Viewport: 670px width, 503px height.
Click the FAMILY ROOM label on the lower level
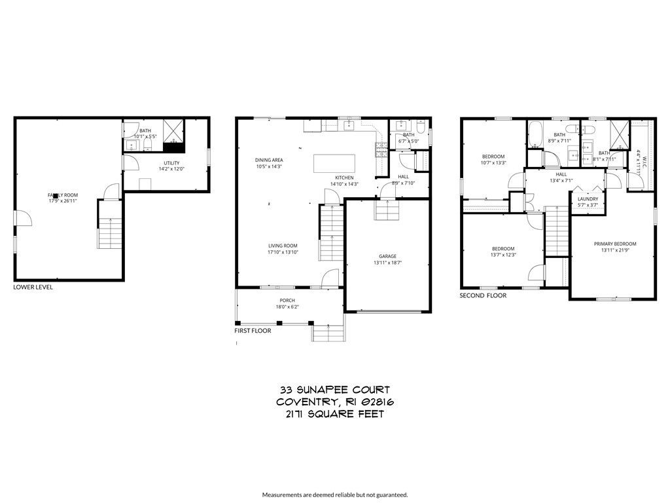pos(62,195)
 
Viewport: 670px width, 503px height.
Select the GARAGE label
pos(387,256)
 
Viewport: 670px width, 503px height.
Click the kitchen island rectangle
pos(334,162)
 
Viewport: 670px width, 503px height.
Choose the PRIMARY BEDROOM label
pos(614,244)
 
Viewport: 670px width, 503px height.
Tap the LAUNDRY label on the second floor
pos(588,198)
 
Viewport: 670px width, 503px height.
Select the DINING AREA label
pos(269,160)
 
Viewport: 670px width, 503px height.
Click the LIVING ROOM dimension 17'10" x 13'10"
pos(283,252)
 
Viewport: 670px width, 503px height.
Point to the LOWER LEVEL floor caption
pos(33,287)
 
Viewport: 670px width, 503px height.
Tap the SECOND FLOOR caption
pos(483,295)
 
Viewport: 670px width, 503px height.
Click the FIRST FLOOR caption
pos(253,331)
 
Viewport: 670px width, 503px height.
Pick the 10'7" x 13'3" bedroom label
pos(493,159)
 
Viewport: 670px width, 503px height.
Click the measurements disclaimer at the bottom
pos(334,494)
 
